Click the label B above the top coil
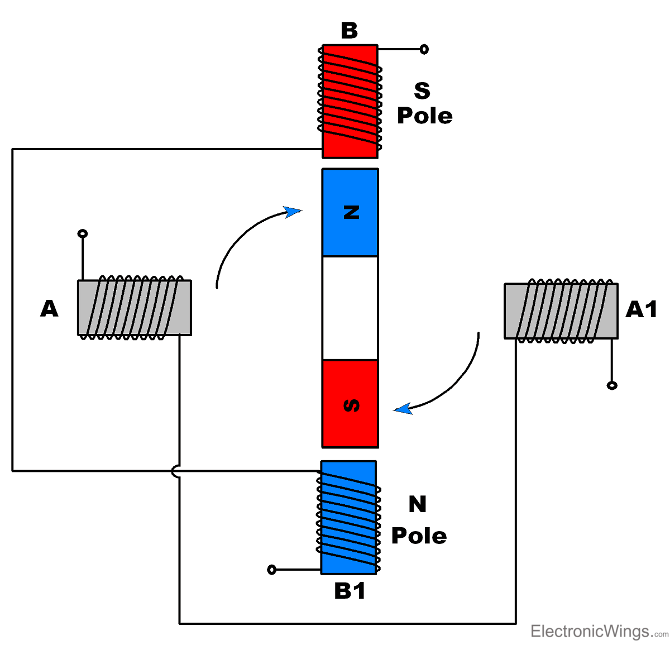pos(349,31)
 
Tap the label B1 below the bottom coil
pos(350,591)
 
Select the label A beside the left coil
pos(49,308)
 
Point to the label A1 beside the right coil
pos(641,309)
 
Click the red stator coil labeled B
pos(350,101)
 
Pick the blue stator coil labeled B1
pos(349,517)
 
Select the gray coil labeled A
pos(134,308)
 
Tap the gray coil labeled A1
pos(561,311)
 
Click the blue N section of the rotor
pos(350,212)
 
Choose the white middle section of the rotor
pos(350,308)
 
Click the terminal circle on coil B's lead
pos(424,49)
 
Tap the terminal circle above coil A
pos(83,233)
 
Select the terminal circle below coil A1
pos(612,385)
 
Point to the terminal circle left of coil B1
pos(272,570)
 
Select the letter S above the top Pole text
pos(422,90)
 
